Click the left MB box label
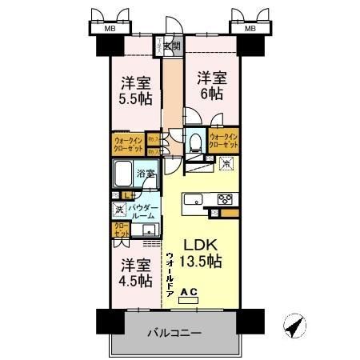coord(107,30)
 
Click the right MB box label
coord(250,30)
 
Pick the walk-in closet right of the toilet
coord(225,142)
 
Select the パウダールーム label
coord(143,212)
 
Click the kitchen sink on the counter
coord(195,201)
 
